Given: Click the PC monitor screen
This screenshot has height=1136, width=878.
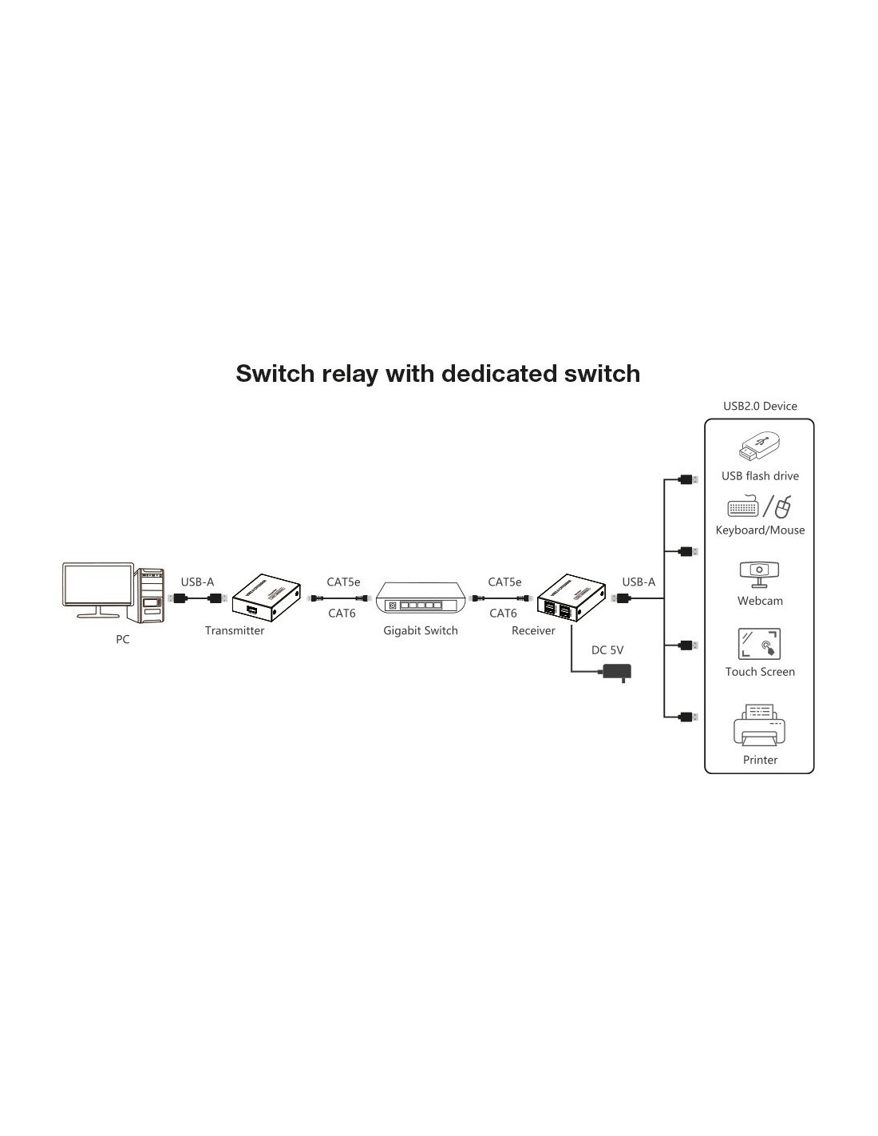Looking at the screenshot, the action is click(97, 584).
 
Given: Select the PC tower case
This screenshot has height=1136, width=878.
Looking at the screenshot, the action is click(149, 595).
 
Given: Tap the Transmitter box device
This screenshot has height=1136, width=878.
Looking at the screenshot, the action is click(266, 598).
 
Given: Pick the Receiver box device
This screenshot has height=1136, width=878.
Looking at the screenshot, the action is click(571, 598).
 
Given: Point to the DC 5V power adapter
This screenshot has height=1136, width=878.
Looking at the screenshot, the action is click(617, 671).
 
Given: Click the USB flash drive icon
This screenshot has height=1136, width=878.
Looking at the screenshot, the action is click(759, 447).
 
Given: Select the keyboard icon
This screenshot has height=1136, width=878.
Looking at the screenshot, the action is click(743, 506).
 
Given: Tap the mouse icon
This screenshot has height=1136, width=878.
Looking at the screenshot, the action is click(782, 506).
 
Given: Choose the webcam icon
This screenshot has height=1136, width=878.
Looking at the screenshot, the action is click(759, 574).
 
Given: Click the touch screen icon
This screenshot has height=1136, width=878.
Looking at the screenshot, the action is click(759, 644).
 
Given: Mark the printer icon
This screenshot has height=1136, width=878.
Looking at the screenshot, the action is click(759, 725).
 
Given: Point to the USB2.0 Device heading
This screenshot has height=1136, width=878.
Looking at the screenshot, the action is click(760, 406).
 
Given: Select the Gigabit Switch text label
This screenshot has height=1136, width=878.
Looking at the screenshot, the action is click(421, 630).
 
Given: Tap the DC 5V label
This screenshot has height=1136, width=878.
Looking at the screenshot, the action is click(607, 649).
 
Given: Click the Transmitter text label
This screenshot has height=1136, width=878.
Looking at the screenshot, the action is click(235, 630).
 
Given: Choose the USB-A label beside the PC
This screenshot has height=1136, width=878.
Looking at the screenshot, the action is click(197, 582).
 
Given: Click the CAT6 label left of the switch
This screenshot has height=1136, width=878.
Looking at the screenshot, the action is click(342, 614).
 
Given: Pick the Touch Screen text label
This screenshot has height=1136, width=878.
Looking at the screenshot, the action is click(760, 672).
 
